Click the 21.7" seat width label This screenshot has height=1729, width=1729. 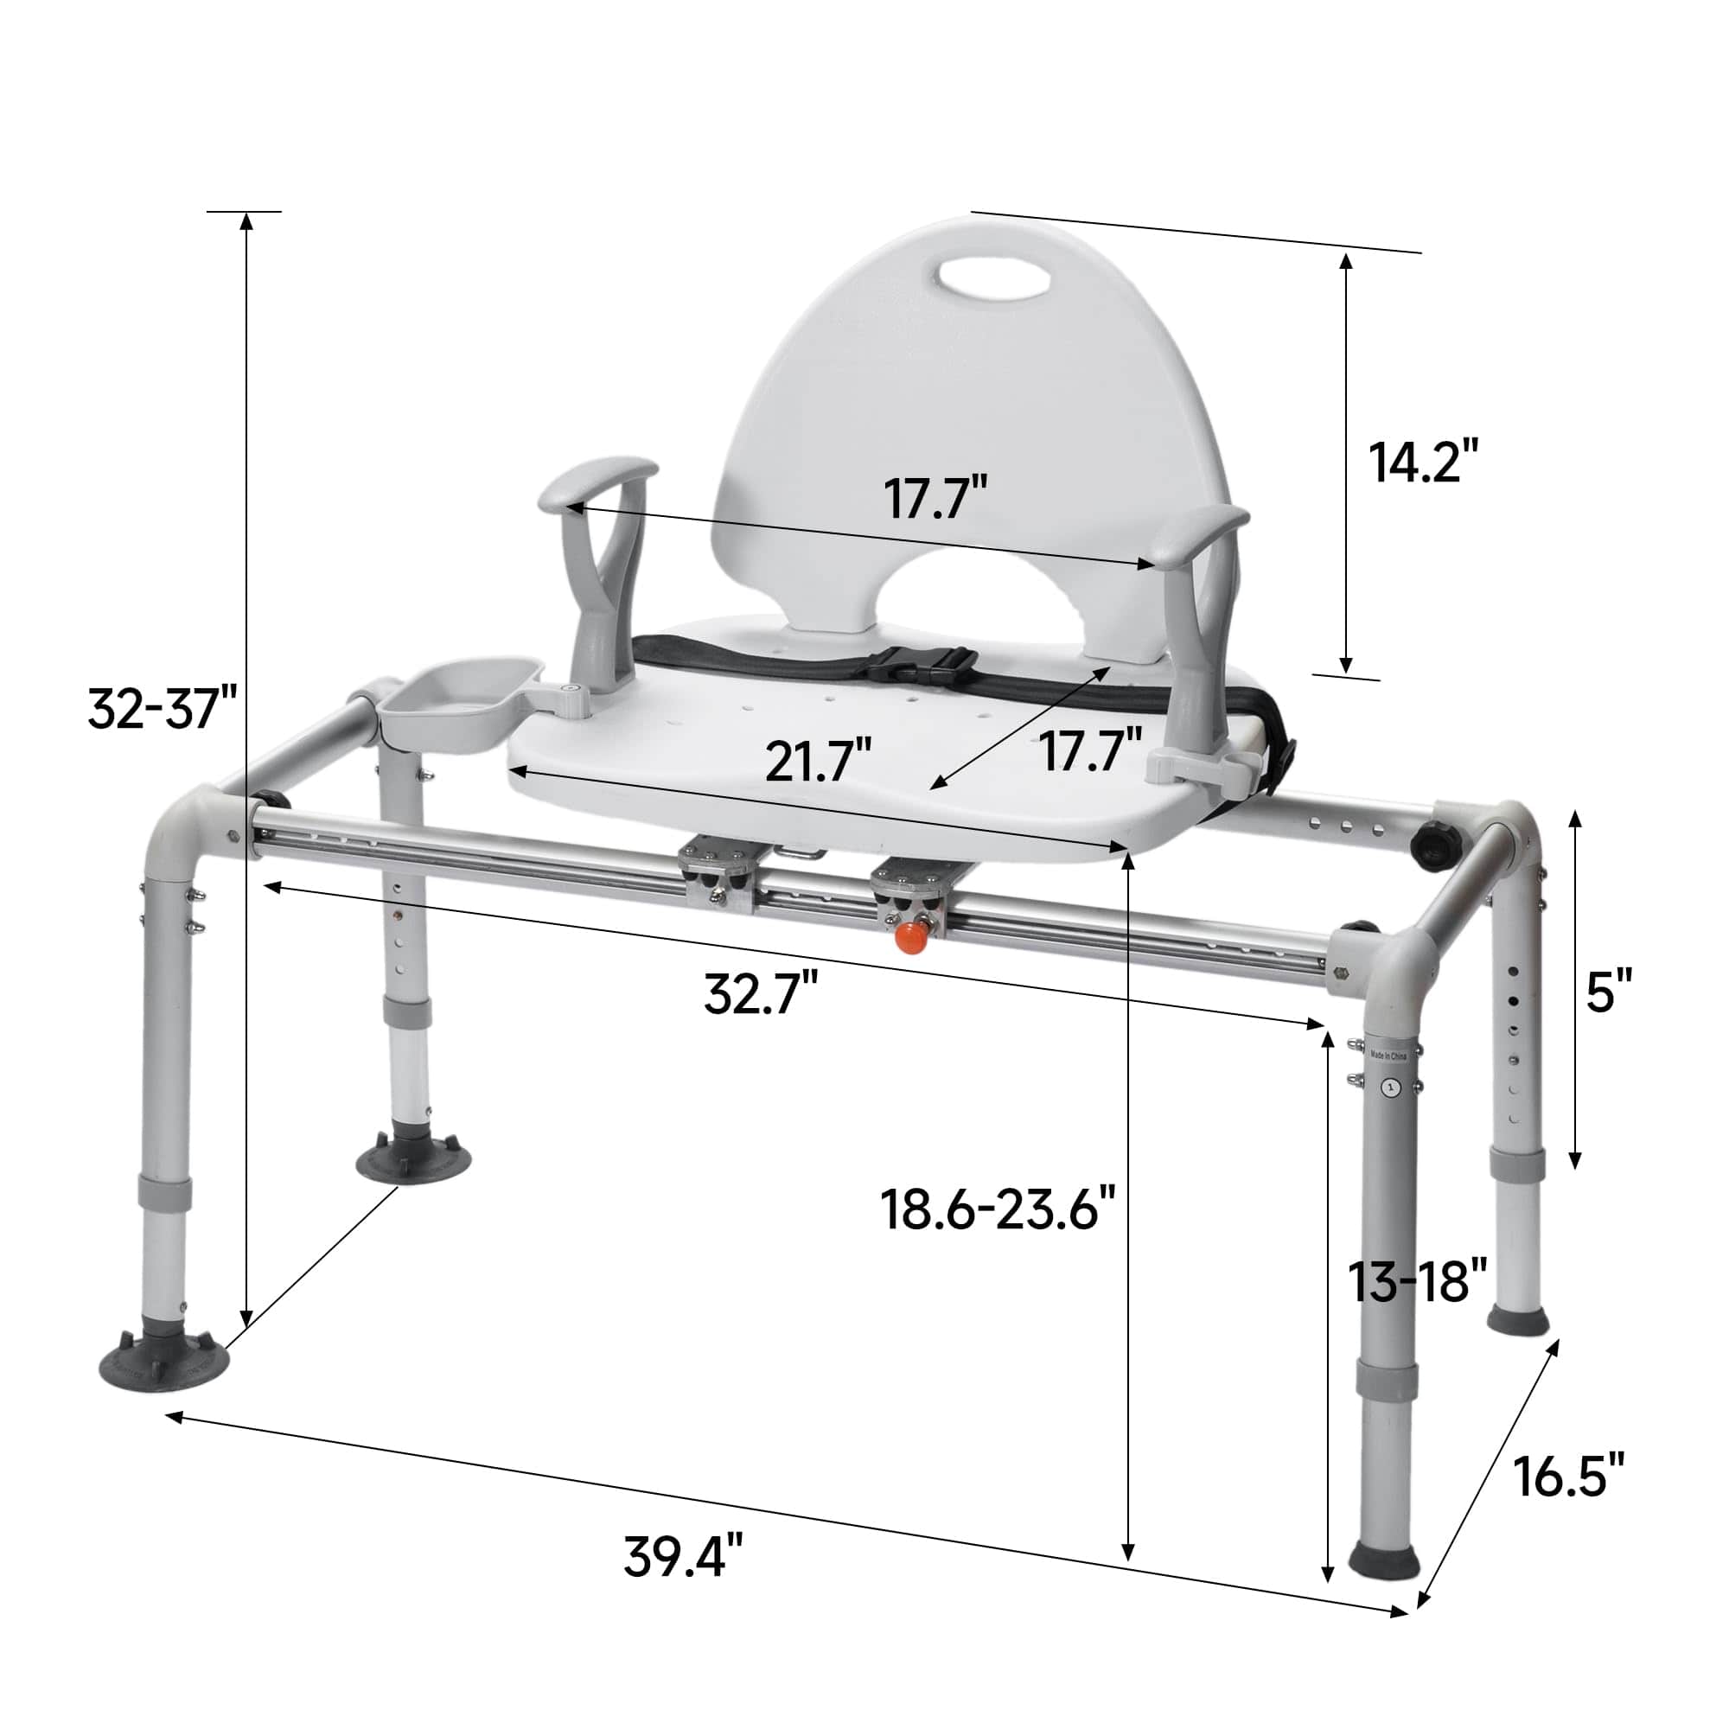point(818,760)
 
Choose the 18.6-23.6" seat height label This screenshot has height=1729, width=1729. point(998,1210)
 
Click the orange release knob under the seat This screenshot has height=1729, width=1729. point(912,941)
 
